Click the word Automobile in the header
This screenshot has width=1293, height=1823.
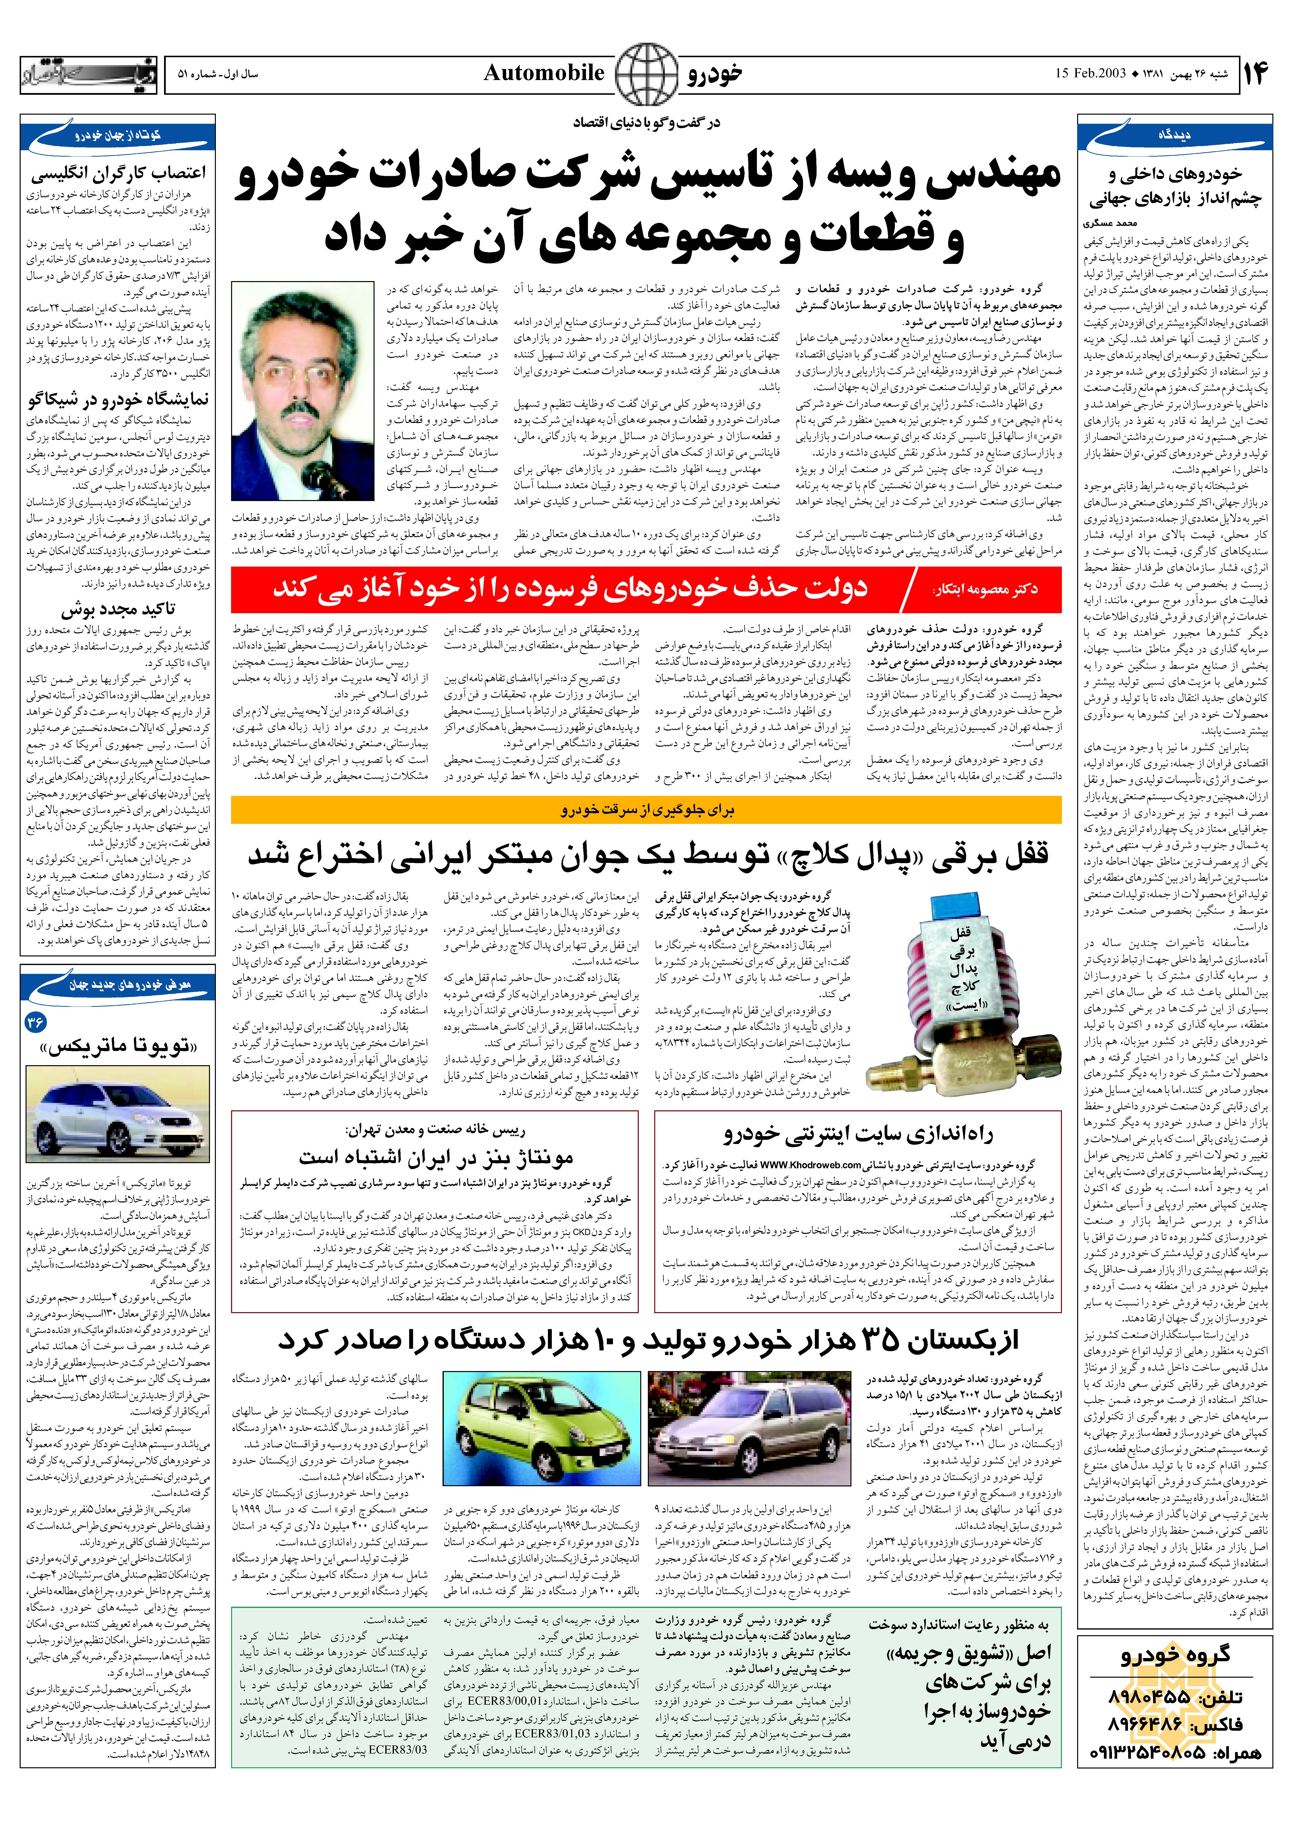[x=544, y=73]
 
